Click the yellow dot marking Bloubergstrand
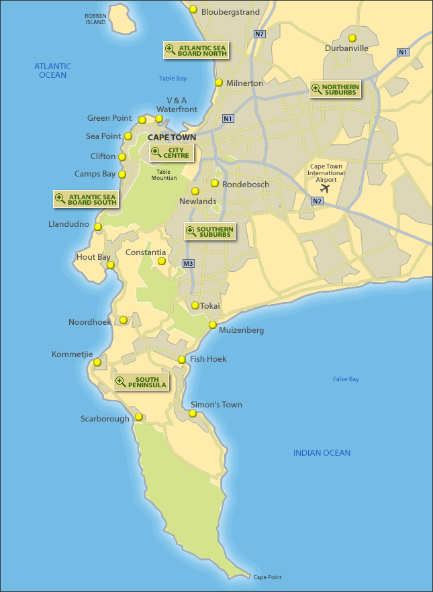(x=193, y=9)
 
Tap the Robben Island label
(x=95, y=19)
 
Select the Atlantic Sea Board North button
(x=196, y=50)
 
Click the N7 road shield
(x=260, y=34)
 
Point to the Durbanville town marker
(x=352, y=38)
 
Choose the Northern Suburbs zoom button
(x=335, y=89)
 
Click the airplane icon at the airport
(x=326, y=187)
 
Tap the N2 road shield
(x=318, y=201)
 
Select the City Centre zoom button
(x=171, y=153)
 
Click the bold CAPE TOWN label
(x=172, y=138)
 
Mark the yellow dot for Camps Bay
(x=122, y=174)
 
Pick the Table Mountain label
(x=164, y=175)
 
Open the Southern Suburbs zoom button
(x=209, y=232)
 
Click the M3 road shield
(x=188, y=263)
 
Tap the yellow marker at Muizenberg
(x=212, y=325)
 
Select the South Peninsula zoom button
(x=141, y=382)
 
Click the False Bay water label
(x=346, y=379)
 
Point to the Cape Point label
(x=267, y=577)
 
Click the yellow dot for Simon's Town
(x=193, y=413)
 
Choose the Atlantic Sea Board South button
(x=86, y=199)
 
